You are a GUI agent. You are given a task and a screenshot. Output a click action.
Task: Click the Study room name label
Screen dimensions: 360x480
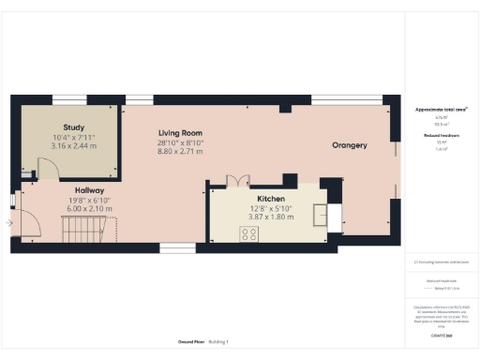click(75, 127)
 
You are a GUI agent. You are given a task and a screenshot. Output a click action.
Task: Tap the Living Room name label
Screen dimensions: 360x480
click(180, 133)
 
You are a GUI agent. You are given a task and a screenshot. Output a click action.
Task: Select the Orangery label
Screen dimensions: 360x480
click(349, 145)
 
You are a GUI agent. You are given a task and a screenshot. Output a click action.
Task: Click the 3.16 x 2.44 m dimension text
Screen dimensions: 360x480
click(75, 146)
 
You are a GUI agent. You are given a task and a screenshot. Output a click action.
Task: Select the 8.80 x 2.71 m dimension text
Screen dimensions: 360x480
click(180, 151)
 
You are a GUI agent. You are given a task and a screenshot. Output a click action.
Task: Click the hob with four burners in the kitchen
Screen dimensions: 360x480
click(249, 235)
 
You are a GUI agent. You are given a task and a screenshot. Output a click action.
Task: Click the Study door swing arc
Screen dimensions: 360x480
click(47, 169)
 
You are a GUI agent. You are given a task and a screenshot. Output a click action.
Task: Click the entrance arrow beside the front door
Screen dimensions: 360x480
click(9, 223)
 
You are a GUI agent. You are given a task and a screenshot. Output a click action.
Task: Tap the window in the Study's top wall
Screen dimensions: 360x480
click(69, 98)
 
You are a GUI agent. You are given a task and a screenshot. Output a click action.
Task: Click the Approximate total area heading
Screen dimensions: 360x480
click(441, 110)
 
